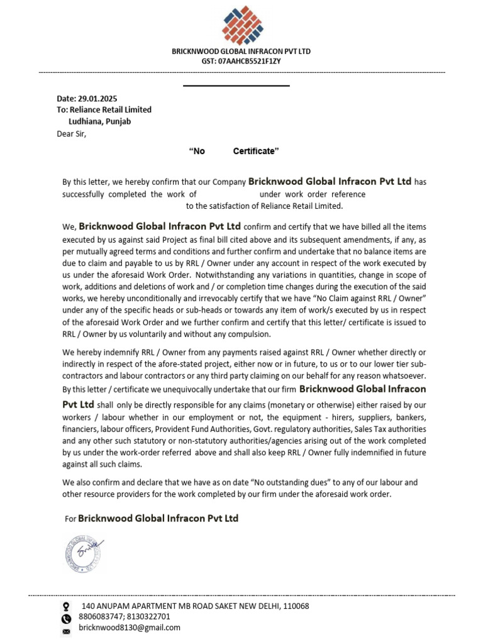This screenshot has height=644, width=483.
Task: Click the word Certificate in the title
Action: pyautogui.click(x=255, y=152)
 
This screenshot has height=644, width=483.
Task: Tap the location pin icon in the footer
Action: pyautogui.click(x=66, y=607)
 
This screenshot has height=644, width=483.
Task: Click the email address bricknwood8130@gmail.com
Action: pyautogui.click(x=130, y=628)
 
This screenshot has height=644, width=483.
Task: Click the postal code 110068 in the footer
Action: pyautogui.click(x=296, y=606)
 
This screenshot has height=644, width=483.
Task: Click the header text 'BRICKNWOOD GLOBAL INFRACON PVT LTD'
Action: pyautogui.click(x=241, y=51)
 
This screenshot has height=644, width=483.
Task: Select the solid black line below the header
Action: pyautogui.click(x=236, y=86)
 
